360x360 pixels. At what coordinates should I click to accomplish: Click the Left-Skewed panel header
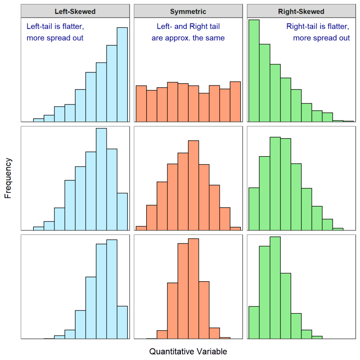[x=75, y=11]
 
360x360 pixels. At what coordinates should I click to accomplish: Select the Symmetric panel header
[x=188, y=11]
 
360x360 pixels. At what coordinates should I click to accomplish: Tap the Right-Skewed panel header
[x=301, y=11]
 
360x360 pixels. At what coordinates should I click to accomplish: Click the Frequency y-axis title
[x=8, y=178]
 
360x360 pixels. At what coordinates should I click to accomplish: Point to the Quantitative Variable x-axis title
[x=188, y=351]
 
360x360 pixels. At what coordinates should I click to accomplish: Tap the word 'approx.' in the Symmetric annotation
[x=177, y=38]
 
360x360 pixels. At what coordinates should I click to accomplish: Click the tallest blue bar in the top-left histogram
[x=122, y=75]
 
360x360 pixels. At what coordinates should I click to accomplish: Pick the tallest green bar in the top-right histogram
[x=254, y=71]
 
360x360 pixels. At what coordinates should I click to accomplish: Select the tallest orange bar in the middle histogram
[x=193, y=185]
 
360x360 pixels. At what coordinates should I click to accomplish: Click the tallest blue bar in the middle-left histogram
[x=101, y=179]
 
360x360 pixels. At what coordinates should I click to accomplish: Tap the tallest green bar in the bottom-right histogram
[x=275, y=288]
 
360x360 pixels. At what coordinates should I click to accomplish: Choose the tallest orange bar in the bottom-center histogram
[x=193, y=288]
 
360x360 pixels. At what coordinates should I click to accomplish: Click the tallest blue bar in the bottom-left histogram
[x=112, y=289]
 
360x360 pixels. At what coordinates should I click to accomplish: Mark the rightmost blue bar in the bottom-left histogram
[x=122, y=322]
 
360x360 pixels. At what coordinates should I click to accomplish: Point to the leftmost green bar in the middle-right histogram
[x=254, y=209]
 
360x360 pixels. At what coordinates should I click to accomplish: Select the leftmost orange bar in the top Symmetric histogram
[x=141, y=104]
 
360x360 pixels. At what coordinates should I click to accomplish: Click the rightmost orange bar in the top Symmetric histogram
[x=235, y=102]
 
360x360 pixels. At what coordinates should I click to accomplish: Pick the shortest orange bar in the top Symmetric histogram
[x=204, y=108]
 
